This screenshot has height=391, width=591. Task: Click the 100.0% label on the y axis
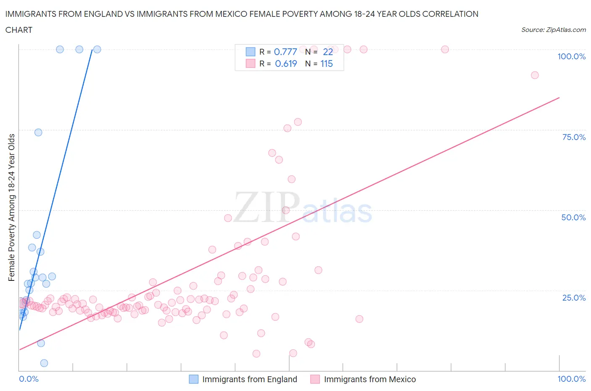click(571, 56)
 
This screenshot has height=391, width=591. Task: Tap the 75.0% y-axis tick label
click(574, 137)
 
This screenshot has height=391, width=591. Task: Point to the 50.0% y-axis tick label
click(573, 217)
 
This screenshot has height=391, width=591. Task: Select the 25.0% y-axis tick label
click(574, 298)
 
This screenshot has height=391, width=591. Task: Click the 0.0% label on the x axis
click(29, 379)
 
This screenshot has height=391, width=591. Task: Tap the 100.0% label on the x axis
click(571, 379)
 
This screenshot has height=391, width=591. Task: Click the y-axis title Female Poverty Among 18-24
click(12, 207)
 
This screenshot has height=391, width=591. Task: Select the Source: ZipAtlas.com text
click(553, 30)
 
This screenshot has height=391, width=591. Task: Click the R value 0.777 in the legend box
click(285, 52)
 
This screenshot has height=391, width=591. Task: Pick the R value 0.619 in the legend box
click(286, 63)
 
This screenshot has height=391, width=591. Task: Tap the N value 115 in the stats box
click(327, 63)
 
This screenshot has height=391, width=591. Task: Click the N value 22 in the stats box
click(328, 52)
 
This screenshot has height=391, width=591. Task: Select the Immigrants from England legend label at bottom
click(250, 379)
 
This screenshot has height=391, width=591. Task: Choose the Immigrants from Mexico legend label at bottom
click(370, 379)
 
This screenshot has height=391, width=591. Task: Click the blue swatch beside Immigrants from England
click(193, 379)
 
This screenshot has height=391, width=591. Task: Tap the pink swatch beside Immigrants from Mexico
click(315, 379)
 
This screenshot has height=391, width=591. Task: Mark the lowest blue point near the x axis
click(44, 363)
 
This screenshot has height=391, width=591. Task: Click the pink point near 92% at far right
click(535, 75)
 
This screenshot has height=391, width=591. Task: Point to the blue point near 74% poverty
click(38, 132)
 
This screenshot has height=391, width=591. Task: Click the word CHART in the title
click(19, 30)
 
